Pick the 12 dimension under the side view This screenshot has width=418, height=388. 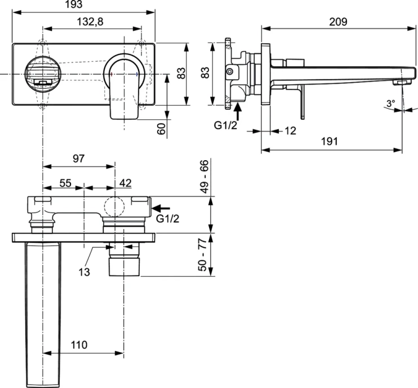tap(291, 130)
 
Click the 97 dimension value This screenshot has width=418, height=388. tap(78, 159)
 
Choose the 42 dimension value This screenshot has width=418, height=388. tap(125, 183)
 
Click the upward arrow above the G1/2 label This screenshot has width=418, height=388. tap(238, 111)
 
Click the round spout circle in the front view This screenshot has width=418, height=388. tap(41, 73)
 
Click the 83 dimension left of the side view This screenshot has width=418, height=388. tap(205, 73)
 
